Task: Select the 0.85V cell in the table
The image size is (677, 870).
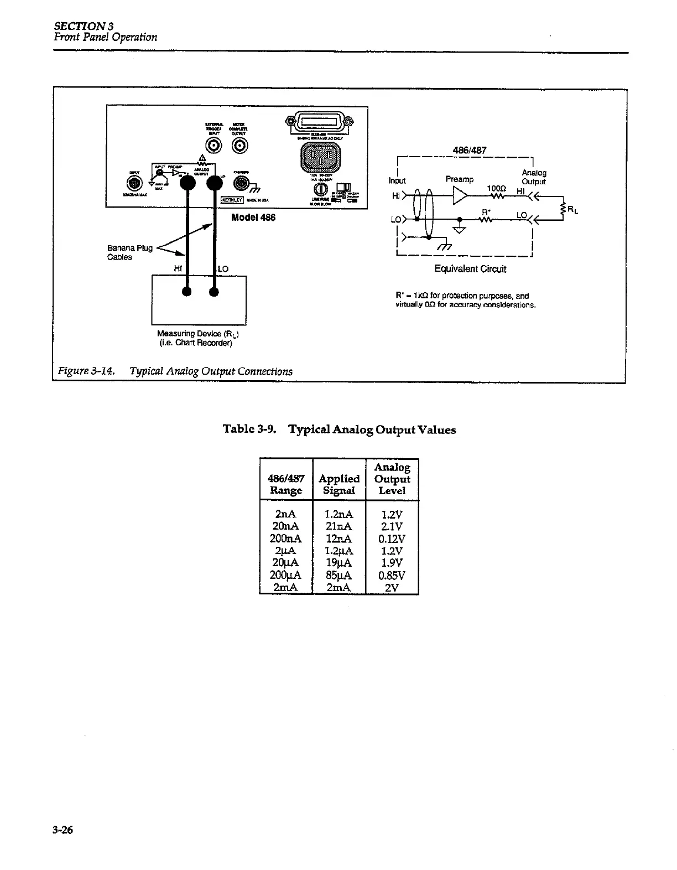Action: [392, 576]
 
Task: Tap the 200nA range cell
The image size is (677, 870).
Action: [285, 538]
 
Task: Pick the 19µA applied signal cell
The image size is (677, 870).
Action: [339, 563]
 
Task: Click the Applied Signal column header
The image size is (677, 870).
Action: [339, 484]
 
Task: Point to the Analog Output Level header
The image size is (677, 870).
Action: [392, 479]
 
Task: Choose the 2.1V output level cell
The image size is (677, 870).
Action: [392, 526]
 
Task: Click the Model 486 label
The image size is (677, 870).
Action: [253, 217]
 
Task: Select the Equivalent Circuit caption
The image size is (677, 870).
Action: [470, 269]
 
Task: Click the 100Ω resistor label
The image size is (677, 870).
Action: [496, 188]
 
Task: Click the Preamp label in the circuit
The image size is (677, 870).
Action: [459, 179]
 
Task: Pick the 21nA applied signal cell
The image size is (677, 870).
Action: [339, 526]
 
